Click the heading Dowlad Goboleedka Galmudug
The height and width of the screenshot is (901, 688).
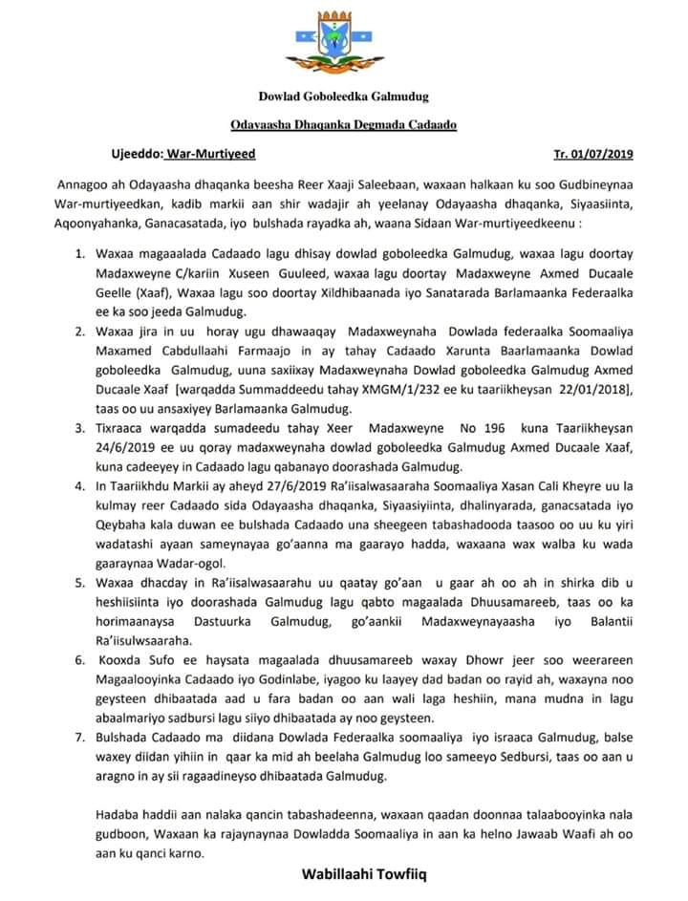(x=343, y=97)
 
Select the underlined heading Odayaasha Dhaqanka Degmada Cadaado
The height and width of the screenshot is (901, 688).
(x=343, y=124)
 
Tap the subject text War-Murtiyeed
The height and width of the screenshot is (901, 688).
(x=211, y=154)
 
